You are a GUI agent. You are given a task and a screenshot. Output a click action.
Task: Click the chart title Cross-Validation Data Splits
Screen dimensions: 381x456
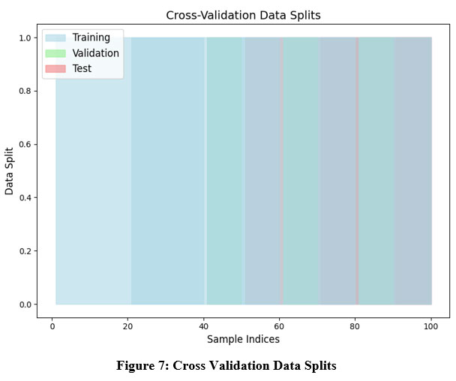click(242, 15)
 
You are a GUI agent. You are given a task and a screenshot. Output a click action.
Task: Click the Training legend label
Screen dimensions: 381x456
click(91, 37)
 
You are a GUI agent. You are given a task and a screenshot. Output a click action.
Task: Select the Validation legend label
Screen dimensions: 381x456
click(95, 53)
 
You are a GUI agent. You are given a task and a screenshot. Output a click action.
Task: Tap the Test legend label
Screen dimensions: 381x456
click(82, 68)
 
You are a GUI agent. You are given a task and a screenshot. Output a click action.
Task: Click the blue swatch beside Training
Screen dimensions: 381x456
click(55, 37)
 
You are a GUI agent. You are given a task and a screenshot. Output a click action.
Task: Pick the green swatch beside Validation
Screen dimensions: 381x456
click(55, 53)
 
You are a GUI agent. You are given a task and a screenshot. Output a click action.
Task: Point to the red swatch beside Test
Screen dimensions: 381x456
click(55, 68)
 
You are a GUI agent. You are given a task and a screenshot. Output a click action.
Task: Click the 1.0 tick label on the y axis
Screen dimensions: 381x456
click(25, 37)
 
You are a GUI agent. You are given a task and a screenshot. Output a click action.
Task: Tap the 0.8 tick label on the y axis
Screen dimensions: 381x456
click(25, 91)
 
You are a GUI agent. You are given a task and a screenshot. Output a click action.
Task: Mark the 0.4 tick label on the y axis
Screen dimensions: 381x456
click(25, 198)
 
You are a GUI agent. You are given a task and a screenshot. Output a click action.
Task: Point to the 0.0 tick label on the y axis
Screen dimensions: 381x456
click(25, 304)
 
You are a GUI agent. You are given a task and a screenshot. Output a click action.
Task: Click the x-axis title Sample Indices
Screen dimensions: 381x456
click(242, 340)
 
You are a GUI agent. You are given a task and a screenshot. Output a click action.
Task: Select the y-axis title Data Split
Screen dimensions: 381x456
click(10, 171)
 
